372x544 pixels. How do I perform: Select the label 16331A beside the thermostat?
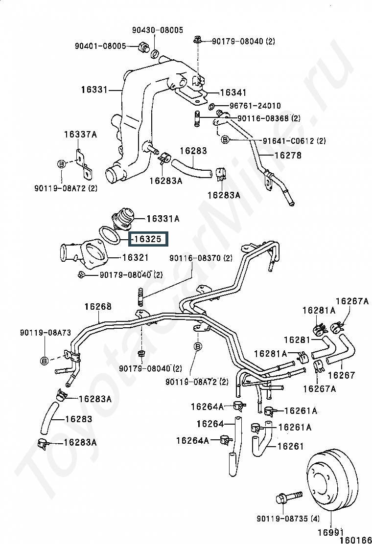163,219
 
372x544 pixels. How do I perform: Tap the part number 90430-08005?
157,30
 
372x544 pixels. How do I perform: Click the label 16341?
233,92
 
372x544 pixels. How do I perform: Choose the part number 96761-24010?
255,106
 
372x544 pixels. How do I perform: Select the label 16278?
287,156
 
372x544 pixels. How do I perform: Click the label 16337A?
80,135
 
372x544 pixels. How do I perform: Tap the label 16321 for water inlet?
135,256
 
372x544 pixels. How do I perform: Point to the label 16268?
98,307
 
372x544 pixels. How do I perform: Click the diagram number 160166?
356,540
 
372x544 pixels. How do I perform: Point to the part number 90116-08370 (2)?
201,258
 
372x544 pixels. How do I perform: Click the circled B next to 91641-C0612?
225,140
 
